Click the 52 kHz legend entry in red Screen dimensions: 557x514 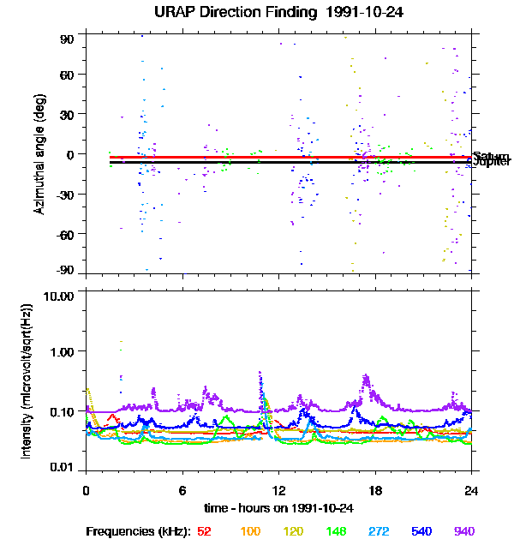(204, 532)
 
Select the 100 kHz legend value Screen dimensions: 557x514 (250, 532)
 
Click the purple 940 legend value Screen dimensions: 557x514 (464, 532)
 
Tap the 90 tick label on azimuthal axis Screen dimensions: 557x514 (67, 39)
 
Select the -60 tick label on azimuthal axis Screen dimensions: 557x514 (63, 232)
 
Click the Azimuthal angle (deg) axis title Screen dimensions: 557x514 (39, 155)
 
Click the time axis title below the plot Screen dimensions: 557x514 (278, 508)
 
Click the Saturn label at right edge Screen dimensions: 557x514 (487, 155)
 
